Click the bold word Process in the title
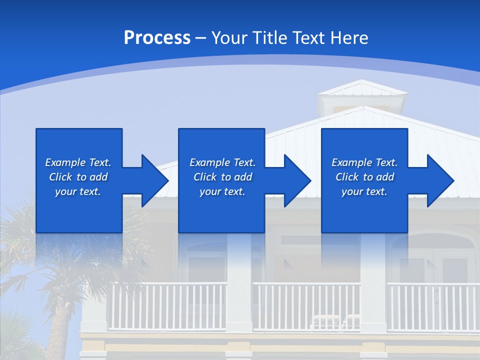(157, 38)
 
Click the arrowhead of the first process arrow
(155, 180)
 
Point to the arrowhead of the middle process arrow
(298, 180)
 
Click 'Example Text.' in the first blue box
(78, 162)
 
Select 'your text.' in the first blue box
(78, 191)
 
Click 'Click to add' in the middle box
(222, 177)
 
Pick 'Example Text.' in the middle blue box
(222, 162)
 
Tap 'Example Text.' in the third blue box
(364, 162)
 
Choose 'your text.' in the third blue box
(364, 191)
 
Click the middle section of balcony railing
(306, 306)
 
